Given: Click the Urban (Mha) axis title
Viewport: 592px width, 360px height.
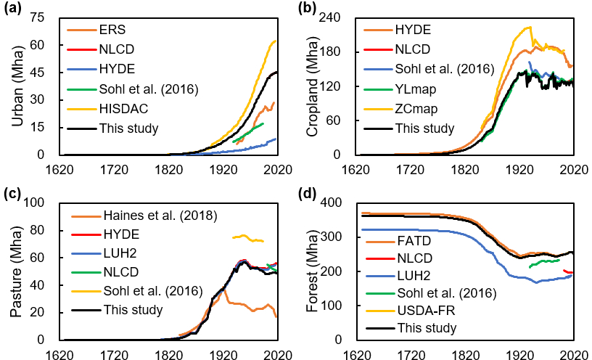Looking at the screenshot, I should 17,86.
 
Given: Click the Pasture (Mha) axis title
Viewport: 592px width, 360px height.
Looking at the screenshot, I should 17,271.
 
